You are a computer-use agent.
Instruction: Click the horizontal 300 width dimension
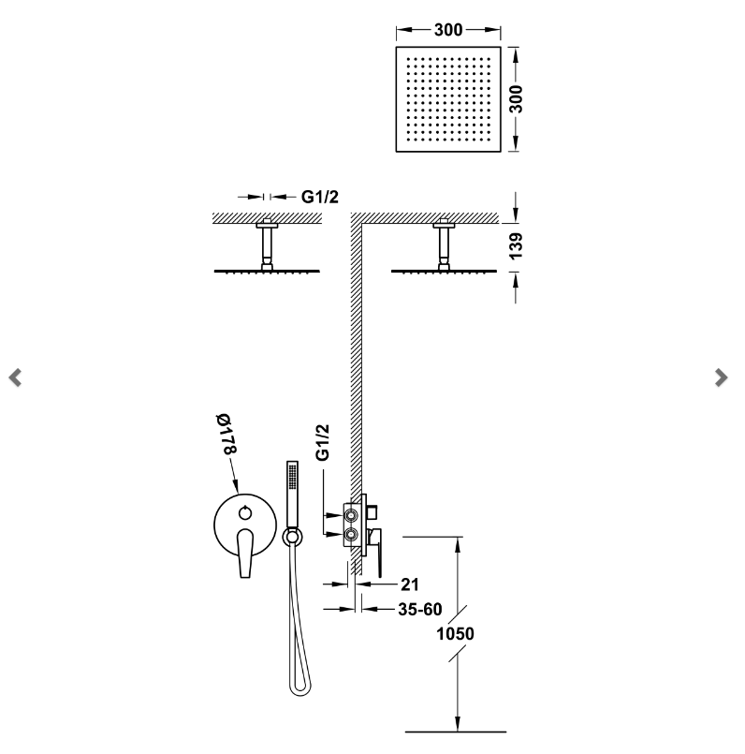[448, 30]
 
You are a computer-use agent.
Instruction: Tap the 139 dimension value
[516, 244]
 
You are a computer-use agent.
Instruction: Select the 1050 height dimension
[455, 634]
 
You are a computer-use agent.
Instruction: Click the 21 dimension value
[408, 584]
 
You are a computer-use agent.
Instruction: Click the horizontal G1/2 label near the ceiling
[319, 197]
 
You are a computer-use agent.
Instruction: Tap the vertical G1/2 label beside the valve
[323, 441]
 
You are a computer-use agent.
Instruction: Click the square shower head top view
[448, 97]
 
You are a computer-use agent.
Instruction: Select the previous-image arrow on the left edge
[15, 377]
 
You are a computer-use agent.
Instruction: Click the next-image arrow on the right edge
[721, 377]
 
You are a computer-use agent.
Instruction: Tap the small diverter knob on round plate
[245, 511]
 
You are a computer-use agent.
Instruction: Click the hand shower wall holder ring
[291, 537]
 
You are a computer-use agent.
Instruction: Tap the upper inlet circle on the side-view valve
[352, 514]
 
